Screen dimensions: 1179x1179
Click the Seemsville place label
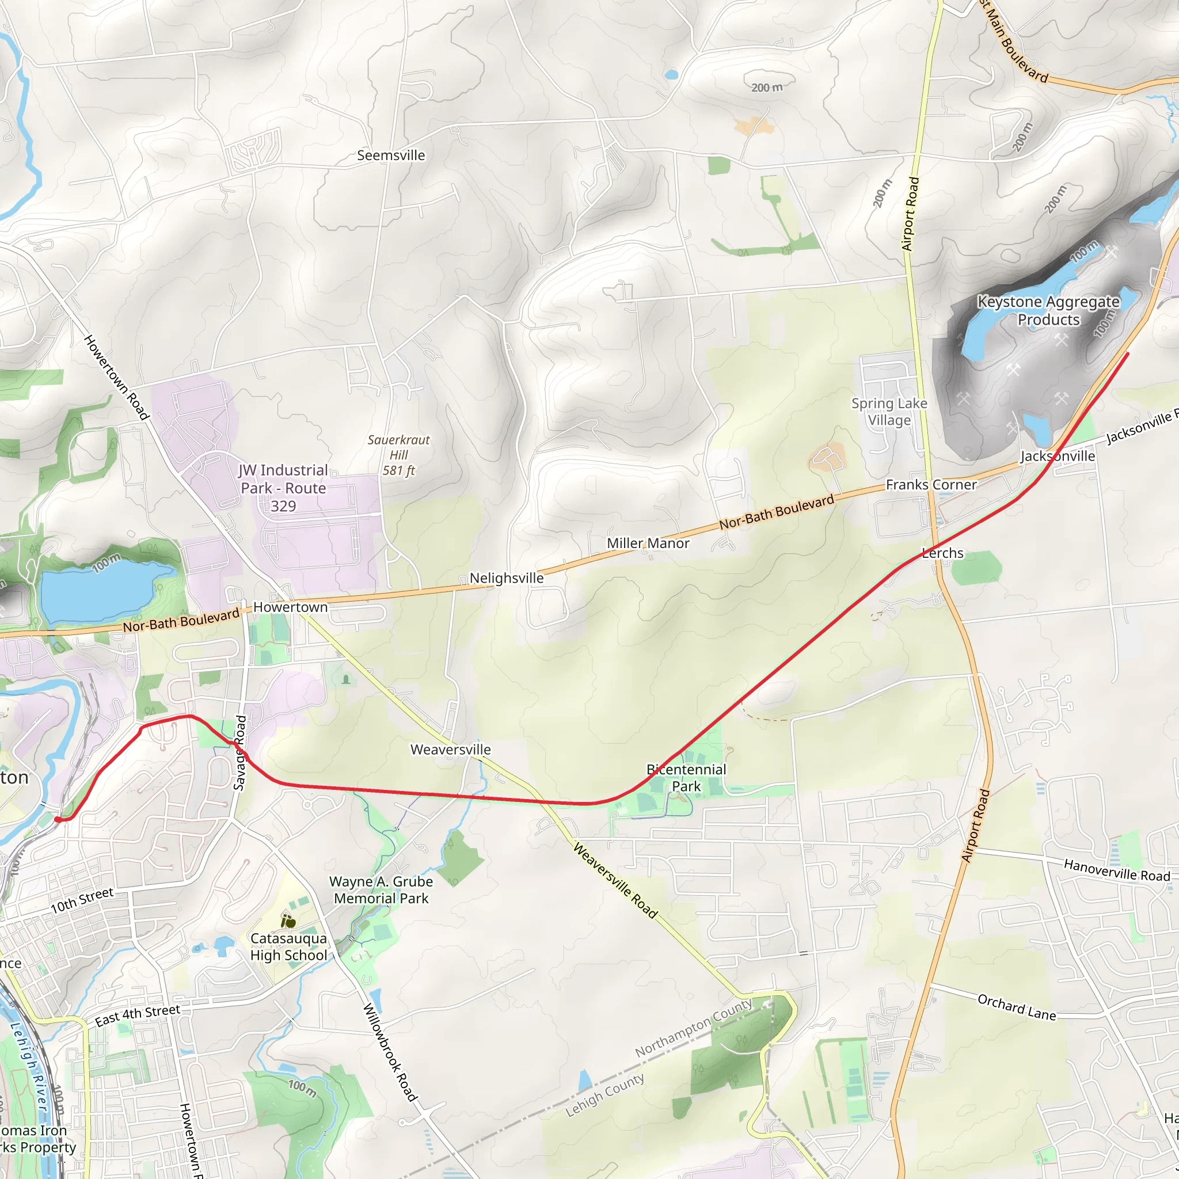(x=390, y=155)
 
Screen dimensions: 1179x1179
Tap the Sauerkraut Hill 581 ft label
(x=398, y=455)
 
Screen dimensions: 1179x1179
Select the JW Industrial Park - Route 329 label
(x=283, y=488)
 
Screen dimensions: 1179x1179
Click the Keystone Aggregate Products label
(x=1048, y=311)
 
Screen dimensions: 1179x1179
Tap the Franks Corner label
(x=931, y=485)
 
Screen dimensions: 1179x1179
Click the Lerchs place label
(x=942, y=553)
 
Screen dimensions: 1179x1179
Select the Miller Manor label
(x=648, y=543)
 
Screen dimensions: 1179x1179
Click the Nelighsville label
(x=506, y=578)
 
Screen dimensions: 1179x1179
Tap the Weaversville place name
(x=450, y=750)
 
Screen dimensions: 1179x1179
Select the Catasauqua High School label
(x=288, y=946)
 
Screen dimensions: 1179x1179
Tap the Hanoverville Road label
(x=1116, y=870)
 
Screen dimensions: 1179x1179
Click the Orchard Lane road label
(x=1016, y=1007)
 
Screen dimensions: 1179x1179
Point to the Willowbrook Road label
(x=390, y=1052)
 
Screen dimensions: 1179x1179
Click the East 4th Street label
(x=138, y=1016)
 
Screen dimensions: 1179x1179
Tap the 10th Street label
(x=82, y=901)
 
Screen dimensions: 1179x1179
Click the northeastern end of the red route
(x=1127, y=353)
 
